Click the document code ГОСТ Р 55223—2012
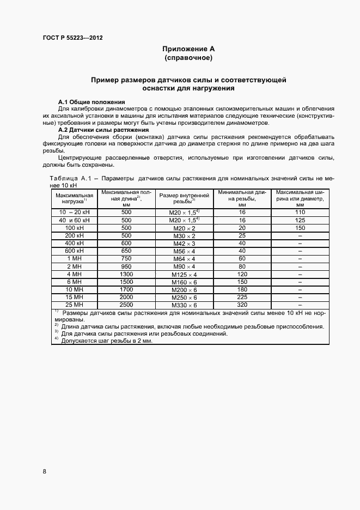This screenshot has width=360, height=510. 72,38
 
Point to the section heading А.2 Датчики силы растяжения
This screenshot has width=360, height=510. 103,130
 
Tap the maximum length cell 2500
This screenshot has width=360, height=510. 126,305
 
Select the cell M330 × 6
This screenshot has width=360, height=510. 184,305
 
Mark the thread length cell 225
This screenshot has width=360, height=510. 242,297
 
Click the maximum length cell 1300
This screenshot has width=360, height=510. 126,274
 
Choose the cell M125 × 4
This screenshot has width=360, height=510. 184,274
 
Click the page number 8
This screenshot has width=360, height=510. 44,471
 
